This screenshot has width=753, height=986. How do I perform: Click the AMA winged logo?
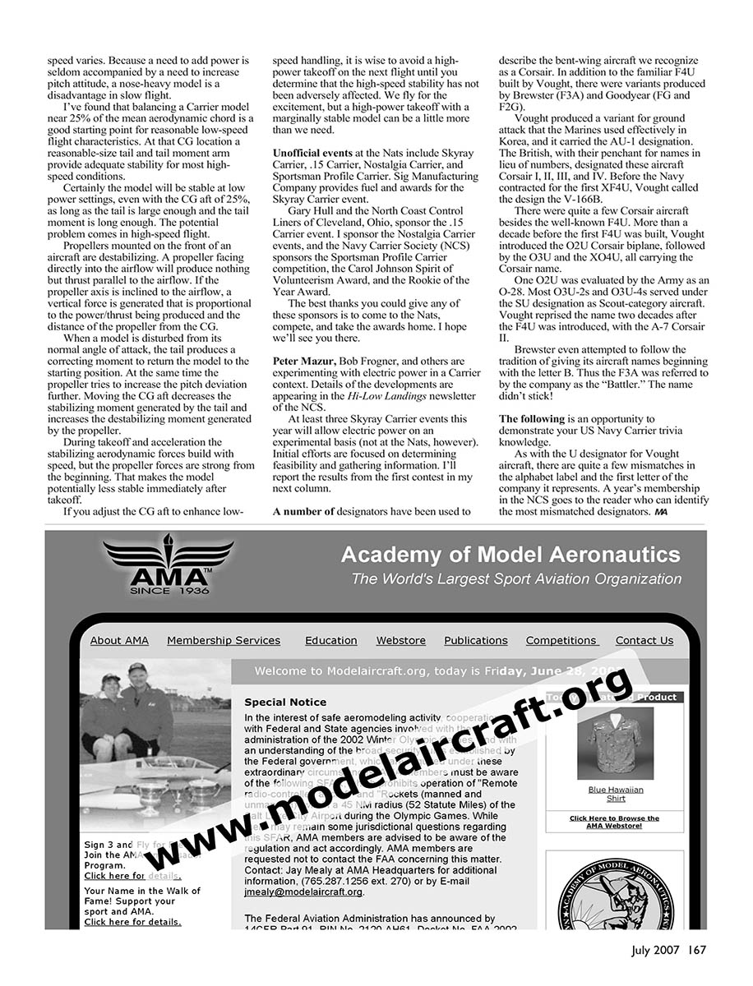[169, 564]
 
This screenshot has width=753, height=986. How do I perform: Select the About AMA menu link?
[119, 641]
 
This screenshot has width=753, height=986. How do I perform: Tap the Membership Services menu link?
[224, 641]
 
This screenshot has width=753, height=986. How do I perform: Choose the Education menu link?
[330, 641]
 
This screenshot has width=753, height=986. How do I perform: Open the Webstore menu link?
[401, 641]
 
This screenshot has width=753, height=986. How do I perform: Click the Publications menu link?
[476, 641]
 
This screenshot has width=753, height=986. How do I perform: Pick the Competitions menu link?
[561, 641]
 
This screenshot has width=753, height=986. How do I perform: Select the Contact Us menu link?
[644, 641]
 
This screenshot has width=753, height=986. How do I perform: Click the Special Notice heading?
[285, 703]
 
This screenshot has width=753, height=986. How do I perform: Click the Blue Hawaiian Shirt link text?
[616, 794]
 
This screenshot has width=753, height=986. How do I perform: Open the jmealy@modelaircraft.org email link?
[303, 892]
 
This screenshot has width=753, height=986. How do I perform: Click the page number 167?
[698, 951]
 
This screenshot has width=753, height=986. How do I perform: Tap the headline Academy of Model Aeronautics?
[510, 555]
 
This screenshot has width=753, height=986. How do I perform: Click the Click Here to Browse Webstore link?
[614, 822]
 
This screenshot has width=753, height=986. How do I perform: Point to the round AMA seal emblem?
[615, 896]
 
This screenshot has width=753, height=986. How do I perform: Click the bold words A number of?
[303, 511]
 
